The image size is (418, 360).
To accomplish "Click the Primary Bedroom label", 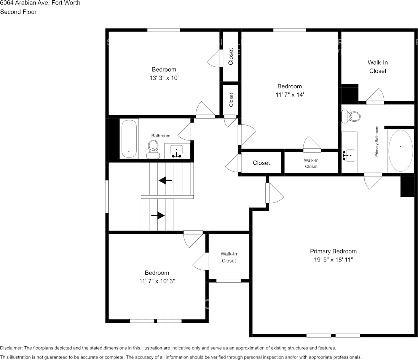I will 333,251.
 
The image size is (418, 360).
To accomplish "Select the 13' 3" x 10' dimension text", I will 164,78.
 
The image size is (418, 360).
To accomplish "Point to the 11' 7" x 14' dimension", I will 289,95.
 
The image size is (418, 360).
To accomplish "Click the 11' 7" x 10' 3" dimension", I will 156,281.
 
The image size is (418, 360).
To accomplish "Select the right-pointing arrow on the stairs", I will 158,216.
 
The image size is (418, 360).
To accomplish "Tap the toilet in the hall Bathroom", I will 153,149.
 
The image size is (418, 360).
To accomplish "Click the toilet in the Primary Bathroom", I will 350,116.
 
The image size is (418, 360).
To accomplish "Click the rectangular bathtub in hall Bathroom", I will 129,139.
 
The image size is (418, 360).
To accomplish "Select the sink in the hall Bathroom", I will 176,151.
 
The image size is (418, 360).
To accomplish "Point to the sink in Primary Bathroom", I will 349,155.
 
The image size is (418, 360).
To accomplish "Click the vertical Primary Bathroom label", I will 377,141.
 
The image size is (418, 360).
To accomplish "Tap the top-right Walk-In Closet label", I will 378,67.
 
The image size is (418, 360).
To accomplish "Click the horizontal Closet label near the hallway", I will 261,163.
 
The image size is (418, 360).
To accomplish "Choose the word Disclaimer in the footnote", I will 11,348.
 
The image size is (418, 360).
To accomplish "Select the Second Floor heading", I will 18,12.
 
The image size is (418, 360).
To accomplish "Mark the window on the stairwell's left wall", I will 107,196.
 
